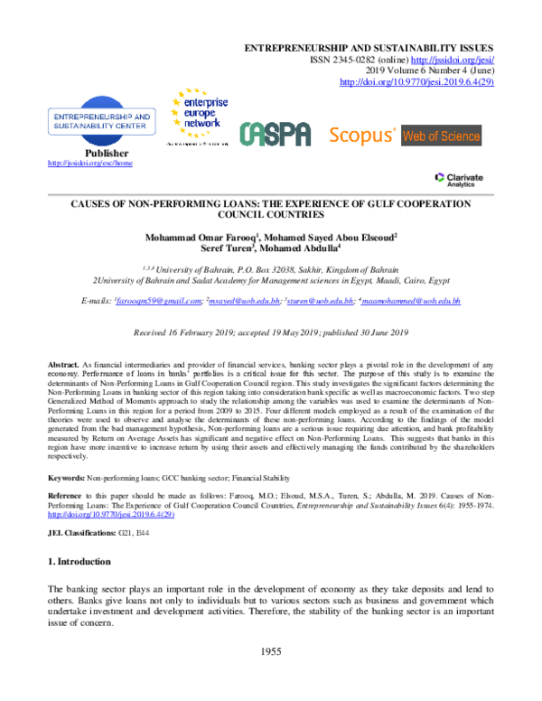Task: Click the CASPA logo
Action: pyautogui.click(x=275, y=135)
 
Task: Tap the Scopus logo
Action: pyautogui.click(x=362, y=136)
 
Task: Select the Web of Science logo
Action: pyautogui.click(x=442, y=136)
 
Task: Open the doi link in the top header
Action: pyautogui.click(x=416, y=81)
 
